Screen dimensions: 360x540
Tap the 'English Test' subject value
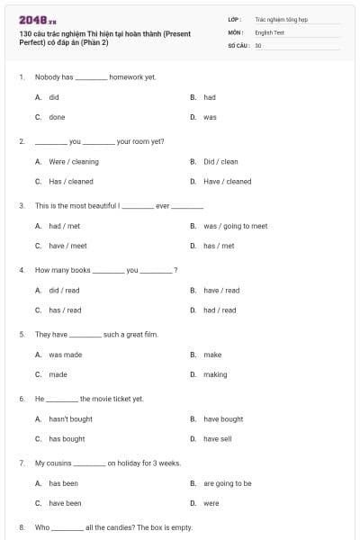point(269,31)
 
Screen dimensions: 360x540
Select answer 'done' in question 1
point(57,117)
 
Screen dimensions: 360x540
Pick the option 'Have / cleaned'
point(227,181)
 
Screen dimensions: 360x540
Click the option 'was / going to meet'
point(235,226)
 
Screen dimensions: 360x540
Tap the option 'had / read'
point(220,310)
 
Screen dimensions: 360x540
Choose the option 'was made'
point(65,355)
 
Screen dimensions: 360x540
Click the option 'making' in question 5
point(215,374)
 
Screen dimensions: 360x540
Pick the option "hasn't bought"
point(70,419)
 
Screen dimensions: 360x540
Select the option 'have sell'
point(218,439)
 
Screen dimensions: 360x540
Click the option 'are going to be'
point(228,483)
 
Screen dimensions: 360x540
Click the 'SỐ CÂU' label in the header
point(238,45)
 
